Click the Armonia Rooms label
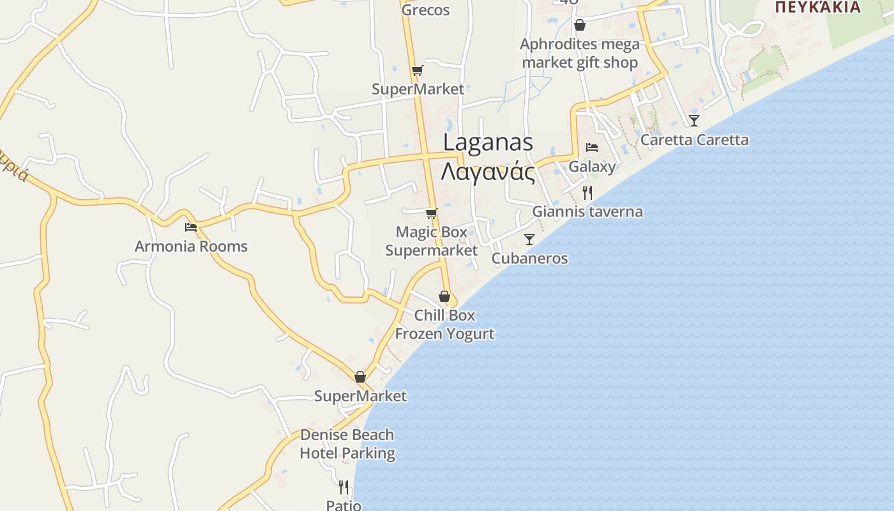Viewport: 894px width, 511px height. (x=191, y=247)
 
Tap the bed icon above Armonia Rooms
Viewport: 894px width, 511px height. (x=190, y=227)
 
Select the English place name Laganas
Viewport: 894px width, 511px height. (x=488, y=142)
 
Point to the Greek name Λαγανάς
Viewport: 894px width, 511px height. (x=488, y=172)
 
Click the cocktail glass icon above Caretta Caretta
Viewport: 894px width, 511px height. (x=694, y=120)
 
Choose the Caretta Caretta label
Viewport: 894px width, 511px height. (x=694, y=140)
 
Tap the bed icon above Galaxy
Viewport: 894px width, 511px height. (x=592, y=148)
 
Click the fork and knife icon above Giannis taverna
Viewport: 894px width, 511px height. (x=587, y=192)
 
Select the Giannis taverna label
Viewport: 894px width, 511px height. (x=587, y=211)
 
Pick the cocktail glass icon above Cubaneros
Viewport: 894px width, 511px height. (x=529, y=240)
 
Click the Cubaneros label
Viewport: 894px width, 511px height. (x=529, y=258)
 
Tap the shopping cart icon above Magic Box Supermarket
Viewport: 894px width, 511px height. (x=432, y=213)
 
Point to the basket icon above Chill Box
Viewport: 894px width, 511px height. (x=444, y=296)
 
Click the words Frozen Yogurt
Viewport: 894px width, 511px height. (x=444, y=333)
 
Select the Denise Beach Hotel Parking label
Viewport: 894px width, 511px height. (x=347, y=444)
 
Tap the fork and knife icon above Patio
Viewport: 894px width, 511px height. (x=344, y=487)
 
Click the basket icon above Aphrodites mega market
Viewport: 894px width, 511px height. (x=580, y=25)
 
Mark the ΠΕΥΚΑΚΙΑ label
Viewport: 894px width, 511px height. (x=817, y=7)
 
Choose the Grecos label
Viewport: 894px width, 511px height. (x=425, y=10)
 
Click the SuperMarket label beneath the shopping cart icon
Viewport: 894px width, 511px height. (x=418, y=89)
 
